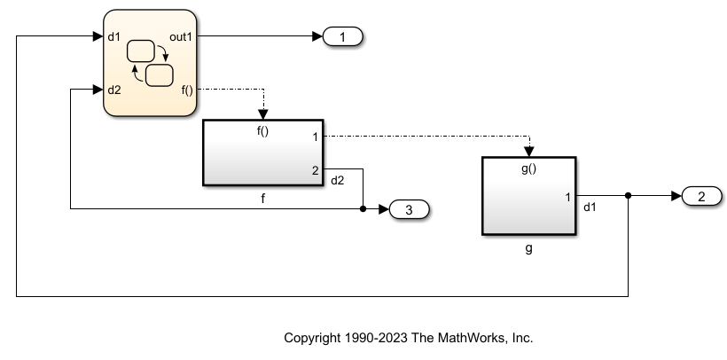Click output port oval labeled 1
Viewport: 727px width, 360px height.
point(343,37)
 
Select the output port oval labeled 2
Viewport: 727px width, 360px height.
point(701,196)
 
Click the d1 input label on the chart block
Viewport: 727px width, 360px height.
point(113,37)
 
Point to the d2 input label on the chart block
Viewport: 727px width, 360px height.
point(113,90)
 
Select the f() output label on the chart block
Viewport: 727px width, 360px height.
point(186,90)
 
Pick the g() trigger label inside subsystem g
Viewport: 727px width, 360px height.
point(528,169)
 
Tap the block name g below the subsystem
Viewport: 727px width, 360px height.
point(528,249)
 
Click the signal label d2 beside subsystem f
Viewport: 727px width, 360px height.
point(338,181)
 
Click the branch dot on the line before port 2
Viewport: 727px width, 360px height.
point(628,196)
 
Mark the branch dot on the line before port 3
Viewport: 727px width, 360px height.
point(363,209)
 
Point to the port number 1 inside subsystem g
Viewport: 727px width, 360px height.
point(567,196)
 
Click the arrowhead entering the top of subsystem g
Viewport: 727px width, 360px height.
point(529,151)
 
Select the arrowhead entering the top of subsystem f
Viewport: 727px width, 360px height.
point(262,113)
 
